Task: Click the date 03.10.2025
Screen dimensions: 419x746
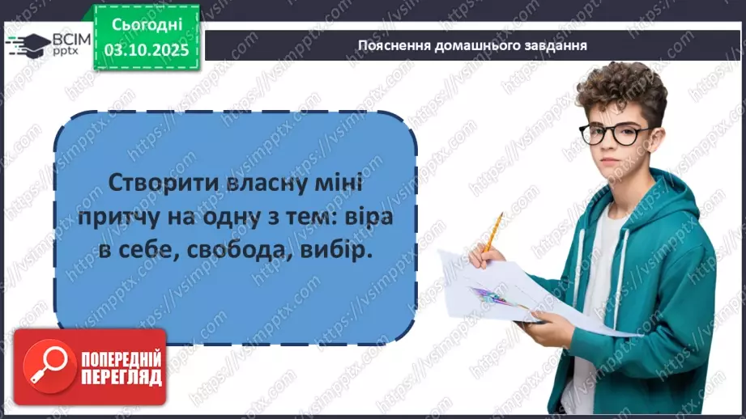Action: click(x=147, y=49)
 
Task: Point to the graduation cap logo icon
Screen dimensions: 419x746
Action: click(x=32, y=44)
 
